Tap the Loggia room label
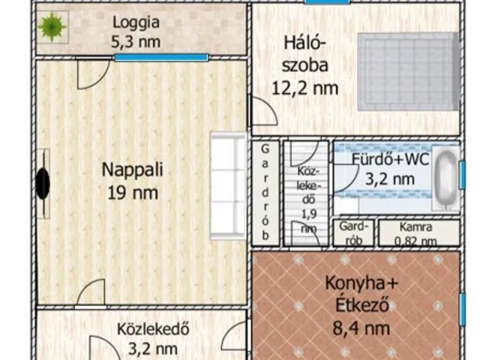coord(136,22)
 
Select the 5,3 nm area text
coord(136,41)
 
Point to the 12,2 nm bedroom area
coord(304,88)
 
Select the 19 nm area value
coord(131,193)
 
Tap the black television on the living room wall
coord(43,183)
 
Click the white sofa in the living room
coord(228,185)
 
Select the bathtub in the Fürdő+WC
coord(446,178)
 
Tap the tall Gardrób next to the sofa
coord(265,192)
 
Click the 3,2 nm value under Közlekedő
coord(152,348)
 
